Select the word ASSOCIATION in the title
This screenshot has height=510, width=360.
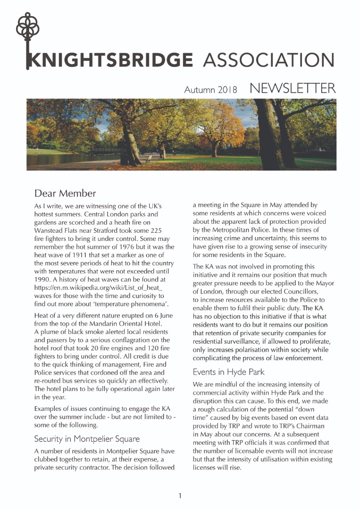tap(268, 60)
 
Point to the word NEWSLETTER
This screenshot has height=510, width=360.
tap(293, 88)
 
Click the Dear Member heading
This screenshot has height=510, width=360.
tap(65, 193)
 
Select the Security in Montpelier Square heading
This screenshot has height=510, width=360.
tap(87, 439)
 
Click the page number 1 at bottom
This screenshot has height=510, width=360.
tap(180, 495)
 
